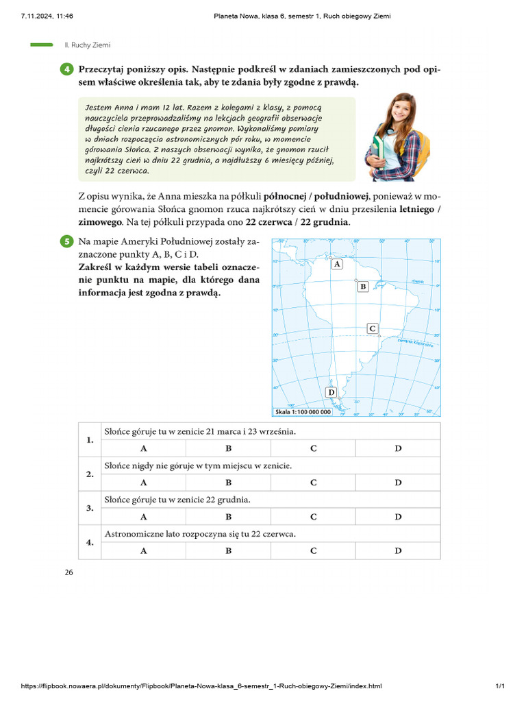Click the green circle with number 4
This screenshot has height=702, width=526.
(x=66, y=70)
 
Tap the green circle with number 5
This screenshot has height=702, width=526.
(x=66, y=241)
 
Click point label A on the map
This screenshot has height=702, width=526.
(x=336, y=264)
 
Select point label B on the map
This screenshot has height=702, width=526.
(x=363, y=287)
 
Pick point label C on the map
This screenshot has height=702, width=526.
(x=373, y=329)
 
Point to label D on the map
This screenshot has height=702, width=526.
(x=331, y=392)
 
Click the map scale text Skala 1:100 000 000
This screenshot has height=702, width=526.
(x=302, y=412)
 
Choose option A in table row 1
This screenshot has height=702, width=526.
(x=144, y=448)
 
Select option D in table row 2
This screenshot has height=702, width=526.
(x=398, y=483)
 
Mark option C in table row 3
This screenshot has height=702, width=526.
(x=313, y=517)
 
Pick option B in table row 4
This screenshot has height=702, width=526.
(x=229, y=550)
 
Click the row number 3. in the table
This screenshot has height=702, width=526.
(x=90, y=508)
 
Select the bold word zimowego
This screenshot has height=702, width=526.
(x=101, y=223)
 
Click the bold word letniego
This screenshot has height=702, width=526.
(x=414, y=210)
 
